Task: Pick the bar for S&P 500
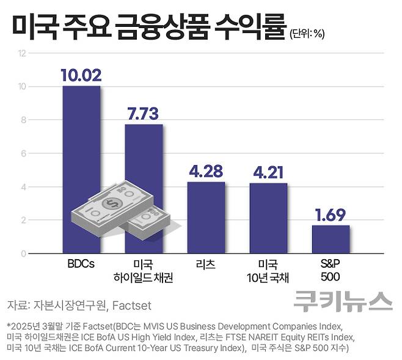(x=331, y=239)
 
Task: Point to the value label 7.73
(x=144, y=114)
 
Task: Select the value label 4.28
(x=206, y=171)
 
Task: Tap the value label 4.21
(x=268, y=172)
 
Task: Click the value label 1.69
(x=331, y=215)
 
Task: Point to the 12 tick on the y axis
(x=23, y=53)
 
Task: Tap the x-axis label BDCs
(x=81, y=265)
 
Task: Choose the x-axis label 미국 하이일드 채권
(x=144, y=271)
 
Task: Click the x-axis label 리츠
(x=206, y=265)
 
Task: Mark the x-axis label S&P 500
(x=331, y=271)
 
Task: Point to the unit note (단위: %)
(x=307, y=33)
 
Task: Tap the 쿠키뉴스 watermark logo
(x=342, y=301)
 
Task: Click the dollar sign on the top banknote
(x=112, y=204)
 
